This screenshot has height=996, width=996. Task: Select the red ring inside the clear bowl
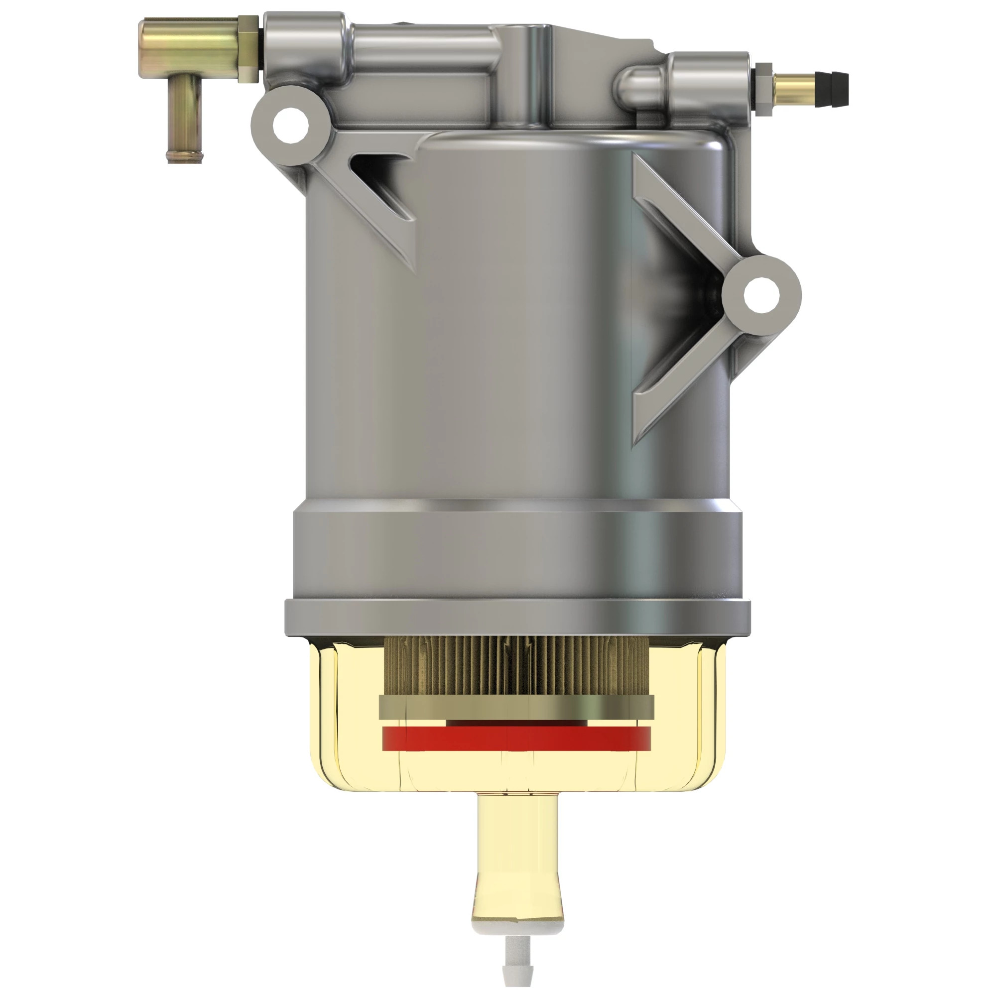pos(515,738)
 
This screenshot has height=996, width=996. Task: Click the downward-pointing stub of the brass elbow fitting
pos(184,124)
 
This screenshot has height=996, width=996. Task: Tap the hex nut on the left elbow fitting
pos(249,49)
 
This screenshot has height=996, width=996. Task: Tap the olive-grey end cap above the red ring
pos(515,707)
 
